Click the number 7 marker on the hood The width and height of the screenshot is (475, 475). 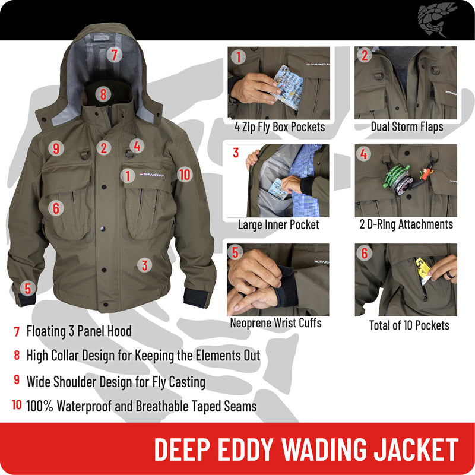pos(115,55)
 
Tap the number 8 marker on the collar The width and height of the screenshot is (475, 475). pos(103,93)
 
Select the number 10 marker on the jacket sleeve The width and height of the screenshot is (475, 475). pos(185,174)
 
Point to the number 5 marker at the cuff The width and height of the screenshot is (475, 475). pos(27,288)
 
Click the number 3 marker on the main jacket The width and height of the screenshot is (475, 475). pos(144,265)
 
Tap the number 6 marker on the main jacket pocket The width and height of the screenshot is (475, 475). pos(56,208)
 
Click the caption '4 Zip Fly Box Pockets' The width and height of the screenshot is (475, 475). pos(279,126)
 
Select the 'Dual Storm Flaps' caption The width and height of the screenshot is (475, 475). pos(407,126)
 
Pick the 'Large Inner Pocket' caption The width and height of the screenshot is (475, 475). pos(278,224)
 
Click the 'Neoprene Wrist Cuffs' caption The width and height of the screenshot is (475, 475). pos(275,323)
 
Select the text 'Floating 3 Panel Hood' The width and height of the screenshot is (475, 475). pos(79,331)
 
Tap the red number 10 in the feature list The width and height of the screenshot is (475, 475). pos(17,406)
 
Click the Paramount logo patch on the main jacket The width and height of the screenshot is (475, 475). pos(151,175)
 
